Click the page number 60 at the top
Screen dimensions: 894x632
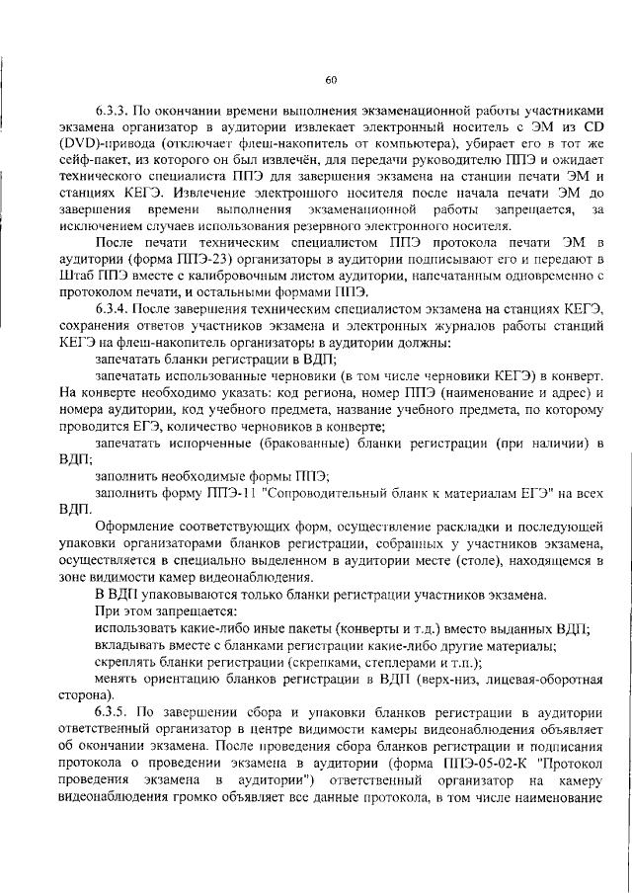331,80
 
